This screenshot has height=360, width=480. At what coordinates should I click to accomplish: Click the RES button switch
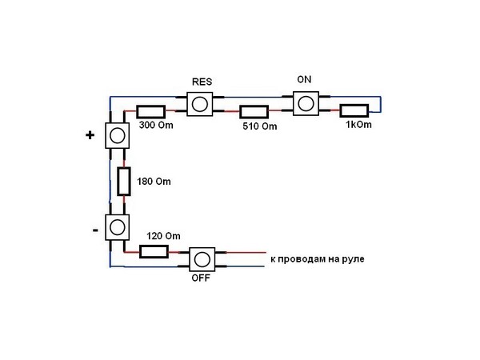[200, 104]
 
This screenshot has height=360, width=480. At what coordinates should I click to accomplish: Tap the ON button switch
[306, 103]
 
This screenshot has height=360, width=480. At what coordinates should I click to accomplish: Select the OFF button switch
[202, 259]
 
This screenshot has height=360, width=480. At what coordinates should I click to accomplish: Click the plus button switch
[117, 136]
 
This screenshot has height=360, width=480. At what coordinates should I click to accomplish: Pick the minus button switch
[117, 227]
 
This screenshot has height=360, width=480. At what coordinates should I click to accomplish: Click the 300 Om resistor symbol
[150, 112]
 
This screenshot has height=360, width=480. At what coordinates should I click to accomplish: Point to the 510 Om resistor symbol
[254, 112]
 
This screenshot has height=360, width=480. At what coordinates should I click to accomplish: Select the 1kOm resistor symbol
[354, 111]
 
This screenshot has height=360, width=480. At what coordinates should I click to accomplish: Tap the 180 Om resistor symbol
[124, 182]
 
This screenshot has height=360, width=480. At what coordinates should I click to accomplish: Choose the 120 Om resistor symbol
[154, 252]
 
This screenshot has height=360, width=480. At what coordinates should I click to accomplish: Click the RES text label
[202, 82]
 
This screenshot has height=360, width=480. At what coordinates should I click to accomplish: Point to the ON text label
[304, 79]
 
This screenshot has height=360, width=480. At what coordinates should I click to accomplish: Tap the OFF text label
[201, 278]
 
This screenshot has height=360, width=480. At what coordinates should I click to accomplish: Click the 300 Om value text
[156, 125]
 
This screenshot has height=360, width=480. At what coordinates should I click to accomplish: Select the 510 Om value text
[259, 126]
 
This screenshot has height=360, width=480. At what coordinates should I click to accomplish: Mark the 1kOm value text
[358, 125]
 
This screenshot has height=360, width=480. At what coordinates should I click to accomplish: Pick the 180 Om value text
[154, 182]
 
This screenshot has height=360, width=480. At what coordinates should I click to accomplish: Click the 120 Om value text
[163, 236]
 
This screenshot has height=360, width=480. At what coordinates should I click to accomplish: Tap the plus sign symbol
[90, 135]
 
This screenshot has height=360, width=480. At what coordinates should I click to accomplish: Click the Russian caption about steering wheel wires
[318, 259]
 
